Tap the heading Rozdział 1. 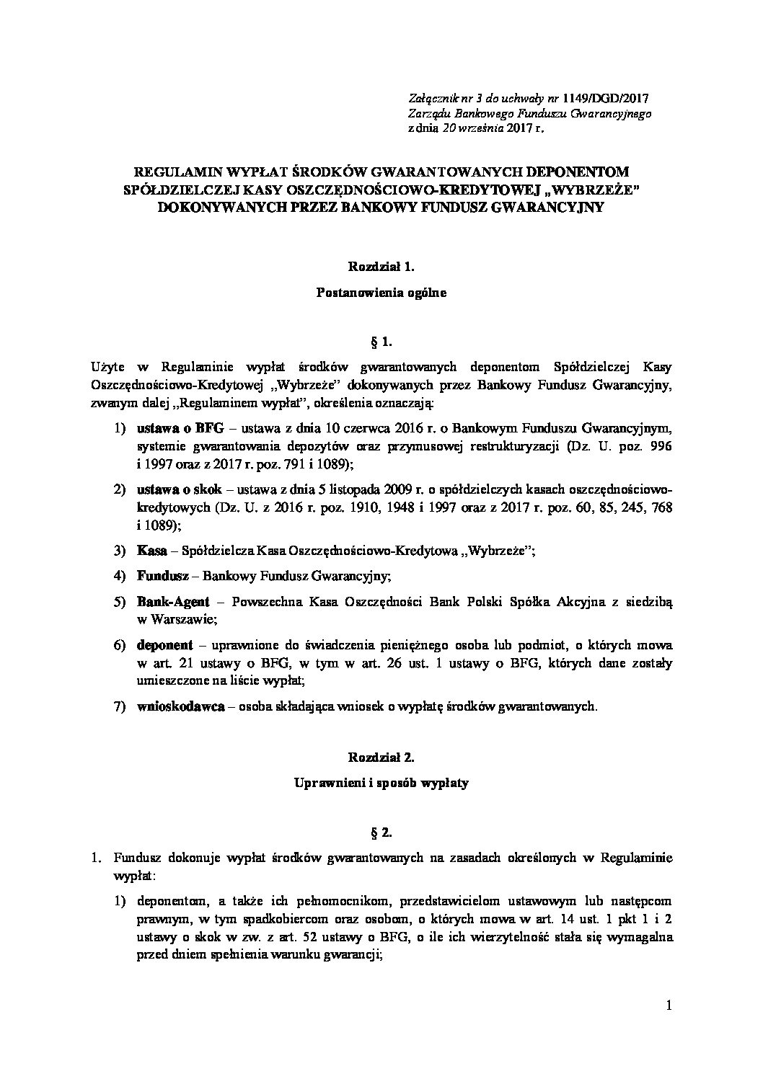point(381,267)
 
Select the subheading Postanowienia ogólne point(381,293)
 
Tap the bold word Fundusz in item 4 point(163,577)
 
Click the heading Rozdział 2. point(381,758)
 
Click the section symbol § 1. point(381,338)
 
